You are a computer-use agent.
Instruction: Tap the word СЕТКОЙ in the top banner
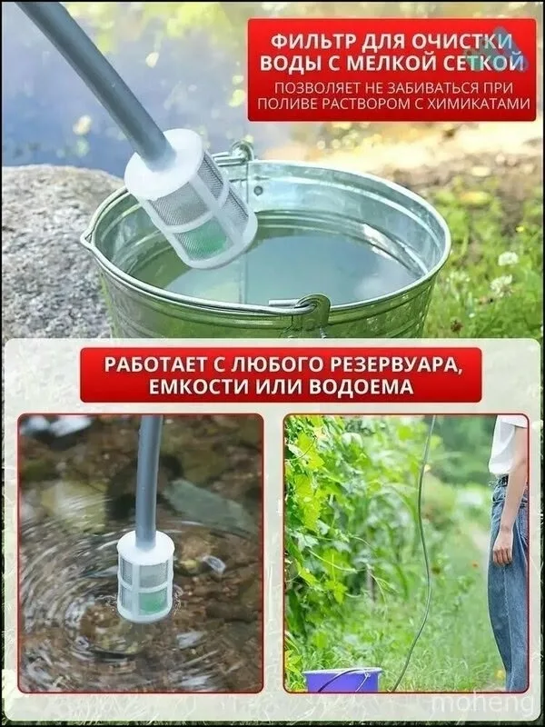pyautogui.click(x=486, y=64)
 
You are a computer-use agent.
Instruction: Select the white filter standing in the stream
pyautogui.click(x=145, y=575)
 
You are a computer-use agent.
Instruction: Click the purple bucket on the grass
pyautogui.click(x=342, y=680)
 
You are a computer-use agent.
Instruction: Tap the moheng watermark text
pyautogui.click(x=482, y=703)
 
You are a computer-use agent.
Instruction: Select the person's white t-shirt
pyautogui.click(x=508, y=444)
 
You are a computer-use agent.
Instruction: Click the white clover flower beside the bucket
pyautogui.click(x=508, y=258)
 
